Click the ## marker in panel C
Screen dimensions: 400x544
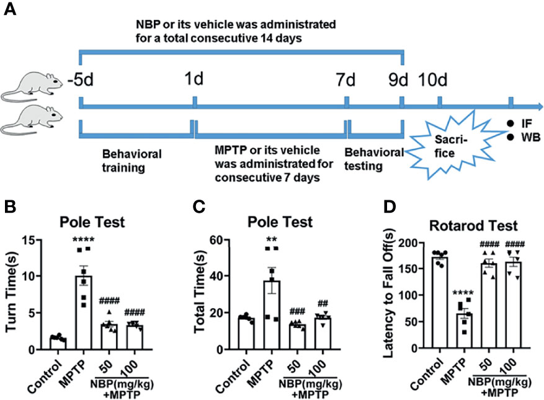coord(305,303)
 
